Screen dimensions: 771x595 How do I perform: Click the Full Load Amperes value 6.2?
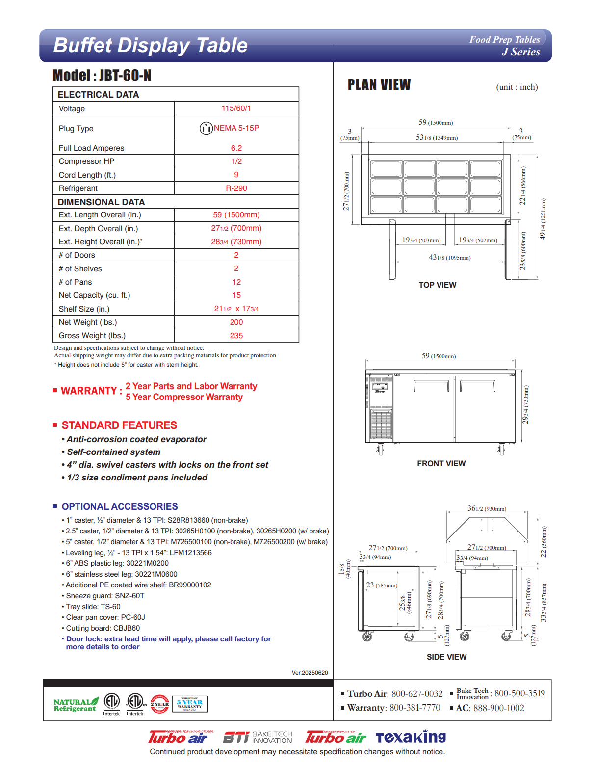click(x=236, y=148)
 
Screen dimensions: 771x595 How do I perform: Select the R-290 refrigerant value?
click(x=236, y=188)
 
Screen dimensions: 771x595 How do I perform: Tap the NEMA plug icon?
click(x=206, y=128)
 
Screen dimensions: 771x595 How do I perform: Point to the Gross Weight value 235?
click(x=236, y=336)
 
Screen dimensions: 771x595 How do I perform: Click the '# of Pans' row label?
click(x=75, y=282)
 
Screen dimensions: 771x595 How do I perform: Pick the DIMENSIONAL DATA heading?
click(x=101, y=202)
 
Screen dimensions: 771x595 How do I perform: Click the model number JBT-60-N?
click(x=125, y=76)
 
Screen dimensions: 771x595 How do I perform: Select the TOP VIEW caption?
click(x=437, y=285)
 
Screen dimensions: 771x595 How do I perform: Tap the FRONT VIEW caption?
click(x=441, y=464)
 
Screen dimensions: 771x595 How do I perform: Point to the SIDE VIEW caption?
click(x=446, y=657)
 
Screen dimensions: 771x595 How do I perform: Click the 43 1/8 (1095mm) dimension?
click(x=450, y=257)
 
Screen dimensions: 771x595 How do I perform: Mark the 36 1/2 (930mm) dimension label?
click(x=487, y=509)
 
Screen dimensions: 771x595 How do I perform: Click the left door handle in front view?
click(x=431, y=385)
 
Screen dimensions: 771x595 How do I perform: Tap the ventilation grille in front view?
click(x=381, y=424)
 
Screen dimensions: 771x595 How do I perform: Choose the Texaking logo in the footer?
click(x=411, y=737)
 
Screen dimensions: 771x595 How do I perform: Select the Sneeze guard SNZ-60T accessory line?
click(x=105, y=596)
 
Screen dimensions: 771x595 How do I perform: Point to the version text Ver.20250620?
click(x=310, y=673)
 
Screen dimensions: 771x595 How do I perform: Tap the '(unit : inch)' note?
click(x=517, y=87)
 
